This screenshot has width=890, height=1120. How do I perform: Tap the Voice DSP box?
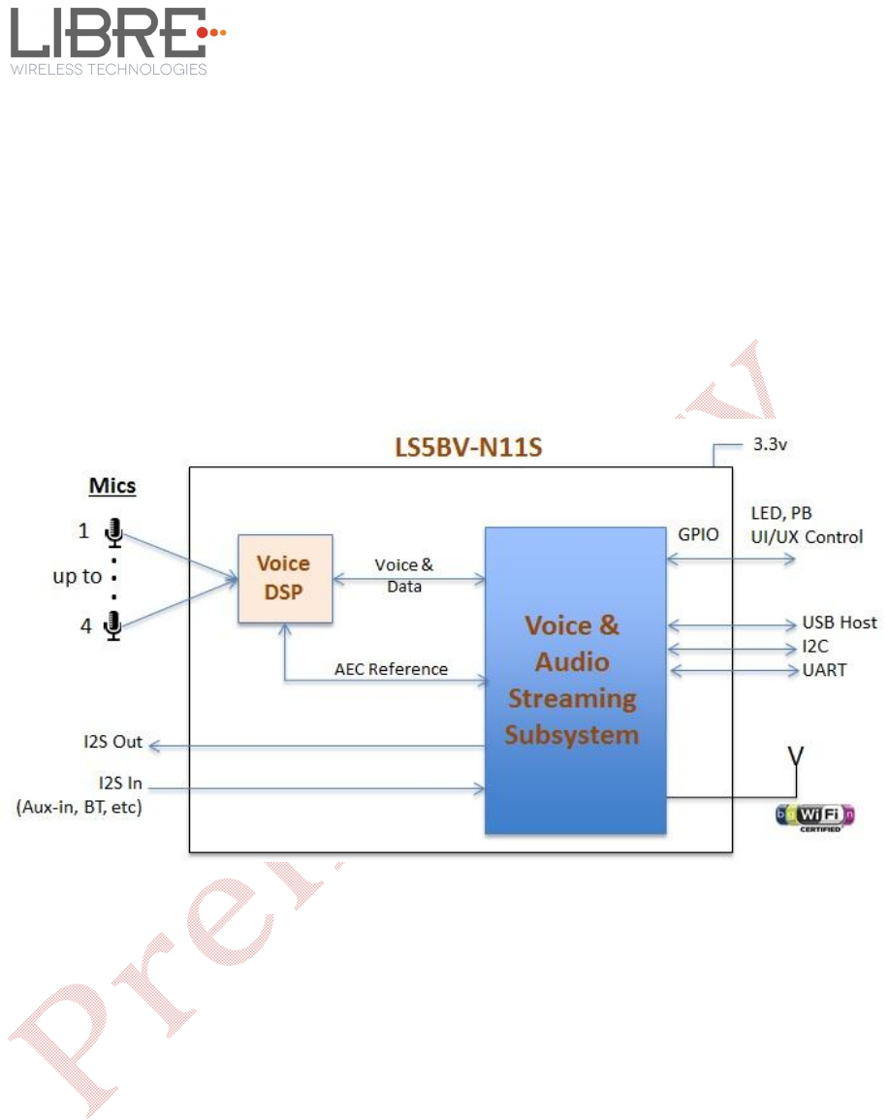click(285, 578)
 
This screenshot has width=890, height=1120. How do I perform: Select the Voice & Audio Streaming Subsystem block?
click(575, 679)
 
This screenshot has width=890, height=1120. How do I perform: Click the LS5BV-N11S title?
click(460, 449)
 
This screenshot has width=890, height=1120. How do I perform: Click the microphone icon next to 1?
click(114, 531)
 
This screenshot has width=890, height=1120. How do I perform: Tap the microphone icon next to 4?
click(112, 626)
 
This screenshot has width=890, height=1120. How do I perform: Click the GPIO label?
click(697, 534)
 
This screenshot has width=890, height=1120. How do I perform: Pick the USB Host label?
click(839, 623)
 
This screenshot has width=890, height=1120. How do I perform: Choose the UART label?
click(823, 670)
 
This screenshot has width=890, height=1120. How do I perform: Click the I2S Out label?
click(112, 742)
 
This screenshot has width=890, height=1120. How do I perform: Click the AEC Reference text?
click(391, 669)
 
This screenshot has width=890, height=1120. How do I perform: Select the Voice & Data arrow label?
click(404, 576)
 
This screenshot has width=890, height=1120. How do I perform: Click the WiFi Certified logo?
click(815, 816)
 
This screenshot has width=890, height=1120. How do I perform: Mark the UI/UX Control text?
click(807, 536)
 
